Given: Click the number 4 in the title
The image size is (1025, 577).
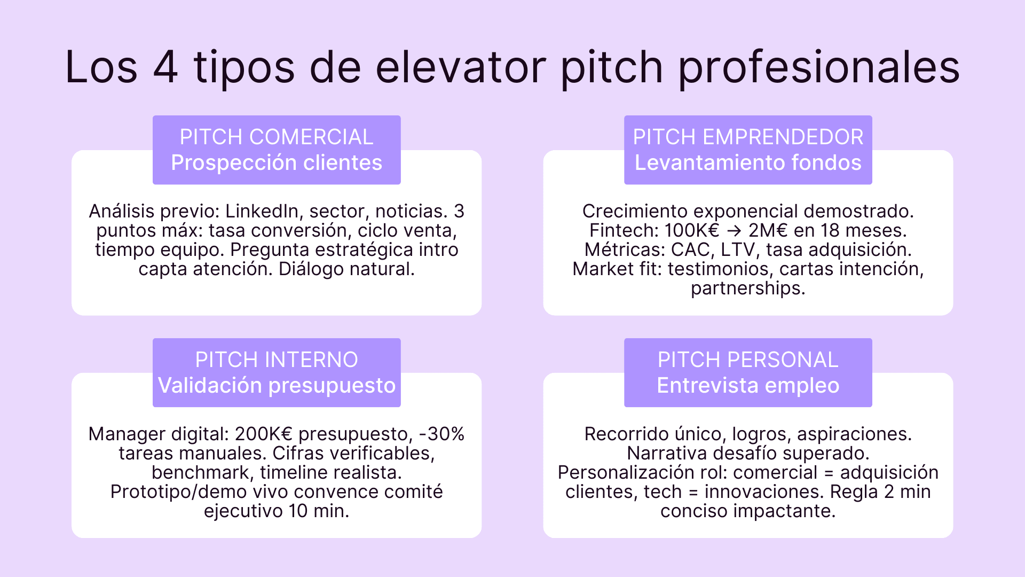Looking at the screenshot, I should pyautogui.click(x=165, y=67).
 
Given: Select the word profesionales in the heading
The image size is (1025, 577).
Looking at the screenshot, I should pyautogui.click(x=819, y=68).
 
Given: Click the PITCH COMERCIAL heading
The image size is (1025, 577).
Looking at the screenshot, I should pyautogui.click(x=277, y=137).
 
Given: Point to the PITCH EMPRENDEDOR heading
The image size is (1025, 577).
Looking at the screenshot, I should pyautogui.click(x=748, y=137).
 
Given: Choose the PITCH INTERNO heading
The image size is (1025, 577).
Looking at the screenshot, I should pyautogui.click(x=277, y=360).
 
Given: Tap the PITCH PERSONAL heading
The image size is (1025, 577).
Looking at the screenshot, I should pyautogui.click(x=748, y=360).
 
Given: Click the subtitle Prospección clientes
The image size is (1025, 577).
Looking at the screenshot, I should pyautogui.click(x=277, y=163).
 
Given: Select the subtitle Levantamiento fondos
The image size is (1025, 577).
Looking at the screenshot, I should pyautogui.click(x=748, y=163).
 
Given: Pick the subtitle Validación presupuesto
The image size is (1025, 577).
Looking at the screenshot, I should pyautogui.click(x=277, y=386).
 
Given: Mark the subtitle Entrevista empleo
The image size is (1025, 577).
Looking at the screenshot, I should pyautogui.click(x=748, y=386).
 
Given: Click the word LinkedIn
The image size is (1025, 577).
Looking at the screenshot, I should pyautogui.click(x=262, y=212).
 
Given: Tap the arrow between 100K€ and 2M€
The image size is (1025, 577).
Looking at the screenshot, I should pyautogui.click(x=734, y=231).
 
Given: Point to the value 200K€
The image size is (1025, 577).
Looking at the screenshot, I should pyautogui.click(x=264, y=434).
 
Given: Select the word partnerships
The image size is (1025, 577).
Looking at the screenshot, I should pyautogui.click(x=748, y=288).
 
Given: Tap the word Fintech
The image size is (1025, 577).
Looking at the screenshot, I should pyautogui.click(x=624, y=231).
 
